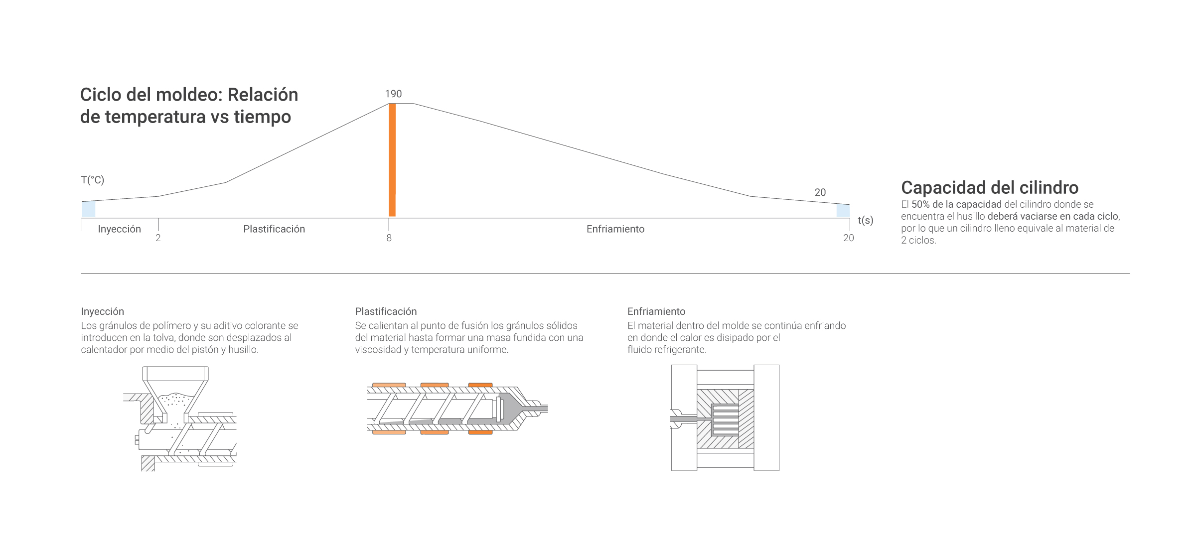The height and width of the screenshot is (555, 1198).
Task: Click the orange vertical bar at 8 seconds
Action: click(x=392, y=159)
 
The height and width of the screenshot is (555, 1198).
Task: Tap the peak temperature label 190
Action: click(x=393, y=94)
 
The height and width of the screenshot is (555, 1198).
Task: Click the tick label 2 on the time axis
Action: click(x=158, y=238)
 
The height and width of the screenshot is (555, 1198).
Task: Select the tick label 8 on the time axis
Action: click(x=389, y=238)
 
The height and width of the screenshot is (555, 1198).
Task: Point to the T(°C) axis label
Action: click(x=93, y=180)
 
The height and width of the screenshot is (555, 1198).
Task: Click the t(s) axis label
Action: click(x=865, y=220)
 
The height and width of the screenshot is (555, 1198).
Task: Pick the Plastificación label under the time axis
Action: click(x=274, y=229)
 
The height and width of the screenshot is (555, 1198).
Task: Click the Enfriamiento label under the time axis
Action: click(x=615, y=229)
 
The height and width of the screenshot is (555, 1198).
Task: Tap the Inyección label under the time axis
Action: click(x=119, y=229)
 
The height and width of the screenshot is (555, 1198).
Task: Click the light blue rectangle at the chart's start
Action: click(x=89, y=209)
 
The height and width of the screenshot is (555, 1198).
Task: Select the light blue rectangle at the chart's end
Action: click(x=843, y=210)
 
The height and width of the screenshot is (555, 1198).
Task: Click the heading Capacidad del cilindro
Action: click(x=989, y=187)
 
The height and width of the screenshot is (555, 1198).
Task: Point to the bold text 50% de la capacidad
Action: click(x=956, y=204)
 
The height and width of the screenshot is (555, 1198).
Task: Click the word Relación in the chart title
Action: click(x=263, y=95)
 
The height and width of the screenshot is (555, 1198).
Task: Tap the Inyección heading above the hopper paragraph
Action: click(x=102, y=311)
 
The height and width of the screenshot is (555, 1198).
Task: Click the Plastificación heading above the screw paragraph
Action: click(x=386, y=311)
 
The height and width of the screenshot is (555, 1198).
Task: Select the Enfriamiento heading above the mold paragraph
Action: click(x=656, y=311)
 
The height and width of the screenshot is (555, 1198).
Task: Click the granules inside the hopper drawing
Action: click(x=175, y=399)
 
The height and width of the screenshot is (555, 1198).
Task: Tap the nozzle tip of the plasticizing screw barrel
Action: click(x=542, y=409)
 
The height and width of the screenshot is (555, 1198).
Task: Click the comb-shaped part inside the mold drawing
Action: click(x=725, y=420)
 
